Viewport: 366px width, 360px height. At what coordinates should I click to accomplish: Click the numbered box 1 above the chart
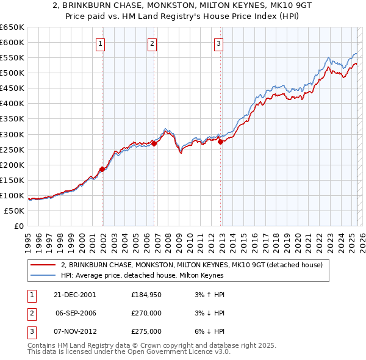click(x=100, y=43)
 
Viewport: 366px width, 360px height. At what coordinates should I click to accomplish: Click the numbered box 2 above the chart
click(x=152, y=43)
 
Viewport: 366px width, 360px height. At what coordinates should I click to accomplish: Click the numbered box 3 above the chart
click(x=218, y=43)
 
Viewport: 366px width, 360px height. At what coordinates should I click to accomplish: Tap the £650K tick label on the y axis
click(x=12, y=27)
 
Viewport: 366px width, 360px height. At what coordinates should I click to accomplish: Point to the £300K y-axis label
click(x=12, y=134)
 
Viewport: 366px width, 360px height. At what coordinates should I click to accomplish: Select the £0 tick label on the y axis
click(x=19, y=226)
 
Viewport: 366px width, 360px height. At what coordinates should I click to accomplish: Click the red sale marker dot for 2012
click(x=220, y=142)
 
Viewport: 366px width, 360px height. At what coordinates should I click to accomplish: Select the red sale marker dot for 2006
click(x=154, y=143)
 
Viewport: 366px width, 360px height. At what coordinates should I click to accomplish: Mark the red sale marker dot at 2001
click(x=102, y=169)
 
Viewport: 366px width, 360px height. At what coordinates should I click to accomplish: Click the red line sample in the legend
click(x=43, y=265)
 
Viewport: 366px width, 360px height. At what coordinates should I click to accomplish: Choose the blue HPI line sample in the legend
click(x=43, y=275)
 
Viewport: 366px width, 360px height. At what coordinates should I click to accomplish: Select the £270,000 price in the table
click(x=146, y=313)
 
